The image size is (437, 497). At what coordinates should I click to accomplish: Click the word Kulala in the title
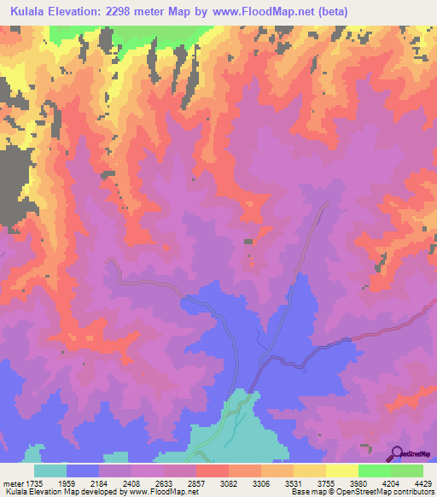(31, 12)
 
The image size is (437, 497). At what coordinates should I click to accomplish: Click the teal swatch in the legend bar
(50, 471)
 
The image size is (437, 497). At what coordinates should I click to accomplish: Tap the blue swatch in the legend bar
(83, 471)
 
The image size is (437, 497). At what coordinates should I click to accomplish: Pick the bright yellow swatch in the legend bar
(341, 471)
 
